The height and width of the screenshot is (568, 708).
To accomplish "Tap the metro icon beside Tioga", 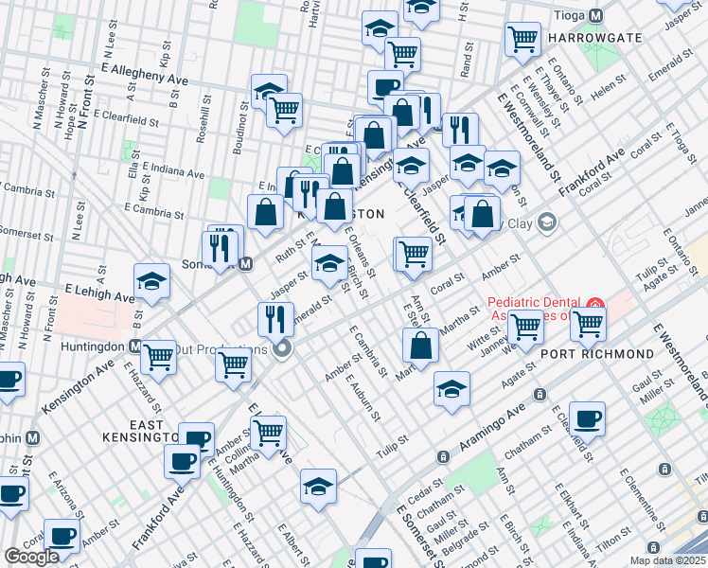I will click(x=595, y=16).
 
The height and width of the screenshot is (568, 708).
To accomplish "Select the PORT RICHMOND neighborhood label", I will click(x=596, y=353).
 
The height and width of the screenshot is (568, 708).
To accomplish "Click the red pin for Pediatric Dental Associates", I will click(x=594, y=305).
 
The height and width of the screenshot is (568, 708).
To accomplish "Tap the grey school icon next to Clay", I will click(x=546, y=222).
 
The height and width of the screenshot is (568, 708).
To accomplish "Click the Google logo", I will click(x=32, y=557).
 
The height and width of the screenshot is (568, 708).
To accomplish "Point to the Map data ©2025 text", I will click(x=668, y=559).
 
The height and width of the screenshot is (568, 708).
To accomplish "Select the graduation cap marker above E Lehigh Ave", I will click(x=151, y=280).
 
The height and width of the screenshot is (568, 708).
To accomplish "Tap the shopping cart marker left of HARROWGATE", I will click(x=522, y=39).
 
